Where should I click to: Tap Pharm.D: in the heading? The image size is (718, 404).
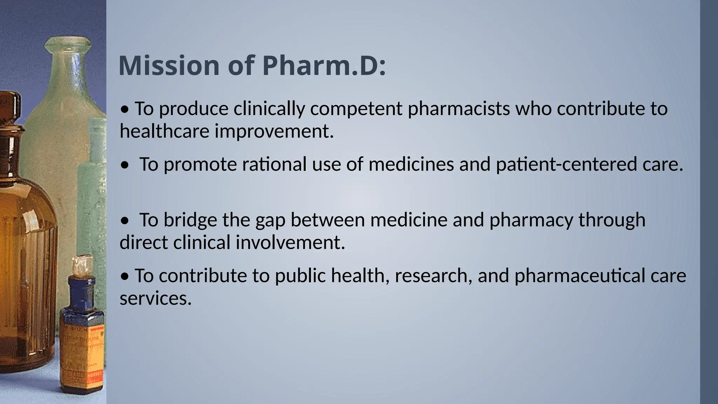(324, 66)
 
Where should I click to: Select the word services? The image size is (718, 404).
(156, 298)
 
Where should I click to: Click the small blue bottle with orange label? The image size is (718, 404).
(82, 337)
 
